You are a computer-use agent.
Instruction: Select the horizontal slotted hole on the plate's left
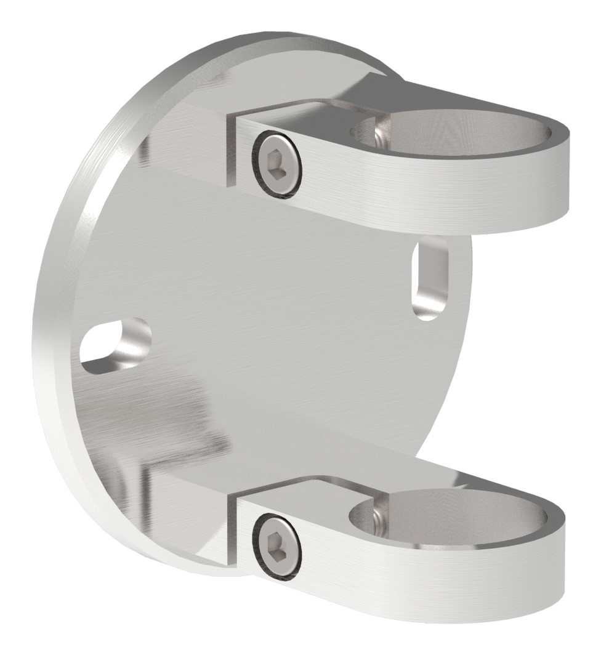pos(116,347)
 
